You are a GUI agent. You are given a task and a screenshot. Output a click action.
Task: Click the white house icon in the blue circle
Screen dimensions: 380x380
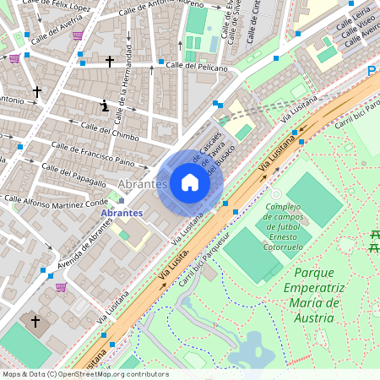(190, 182)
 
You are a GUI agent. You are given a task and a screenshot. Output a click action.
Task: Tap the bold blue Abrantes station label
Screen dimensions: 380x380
(122, 213)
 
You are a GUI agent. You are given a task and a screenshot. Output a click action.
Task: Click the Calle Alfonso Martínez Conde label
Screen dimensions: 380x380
(56, 201)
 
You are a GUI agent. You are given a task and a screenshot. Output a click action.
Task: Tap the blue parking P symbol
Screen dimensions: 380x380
(372, 72)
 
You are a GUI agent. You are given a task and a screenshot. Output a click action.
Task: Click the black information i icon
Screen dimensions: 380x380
(104, 106)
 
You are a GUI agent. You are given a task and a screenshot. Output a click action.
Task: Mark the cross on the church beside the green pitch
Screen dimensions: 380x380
(35, 321)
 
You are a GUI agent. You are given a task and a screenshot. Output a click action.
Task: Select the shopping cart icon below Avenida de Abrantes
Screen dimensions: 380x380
(61, 286)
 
